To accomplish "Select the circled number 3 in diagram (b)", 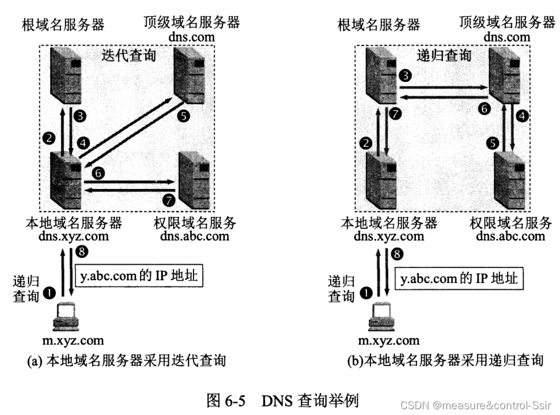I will pos(405,75).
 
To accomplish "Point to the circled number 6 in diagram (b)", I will pos(485,108).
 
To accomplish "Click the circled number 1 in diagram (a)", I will pos(50,293).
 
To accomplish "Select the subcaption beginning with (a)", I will pos(126,361).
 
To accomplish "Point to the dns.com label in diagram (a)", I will pos(192,37).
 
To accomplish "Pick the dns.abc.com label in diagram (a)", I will pos(195,236).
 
